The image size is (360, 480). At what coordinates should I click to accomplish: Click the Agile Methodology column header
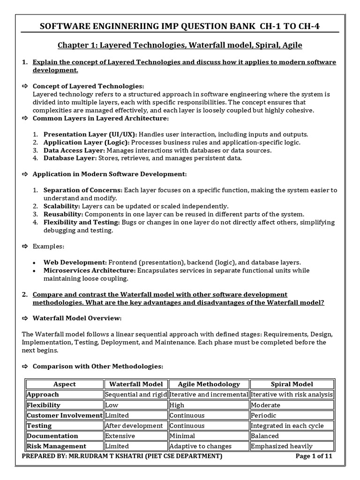(x=209, y=384)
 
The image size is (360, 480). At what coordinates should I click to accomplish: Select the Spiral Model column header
(x=292, y=384)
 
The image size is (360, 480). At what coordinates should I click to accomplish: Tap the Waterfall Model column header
(x=135, y=384)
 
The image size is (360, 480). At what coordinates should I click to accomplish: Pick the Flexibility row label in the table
(x=44, y=405)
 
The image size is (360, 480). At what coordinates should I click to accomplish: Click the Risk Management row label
(x=56, y=446)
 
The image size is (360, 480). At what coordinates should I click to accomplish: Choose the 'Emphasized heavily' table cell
(x=282, y=446)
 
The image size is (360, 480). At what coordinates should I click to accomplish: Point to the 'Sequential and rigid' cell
(x=135, y=395)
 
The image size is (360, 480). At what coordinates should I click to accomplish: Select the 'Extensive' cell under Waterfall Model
(x=120, y=436)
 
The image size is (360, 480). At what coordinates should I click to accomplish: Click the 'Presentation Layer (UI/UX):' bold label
(x=90, y=134)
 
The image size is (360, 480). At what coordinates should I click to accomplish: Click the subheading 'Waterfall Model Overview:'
(x=77, y=318)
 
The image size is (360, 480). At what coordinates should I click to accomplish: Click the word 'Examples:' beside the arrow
(x=49, y=246)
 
